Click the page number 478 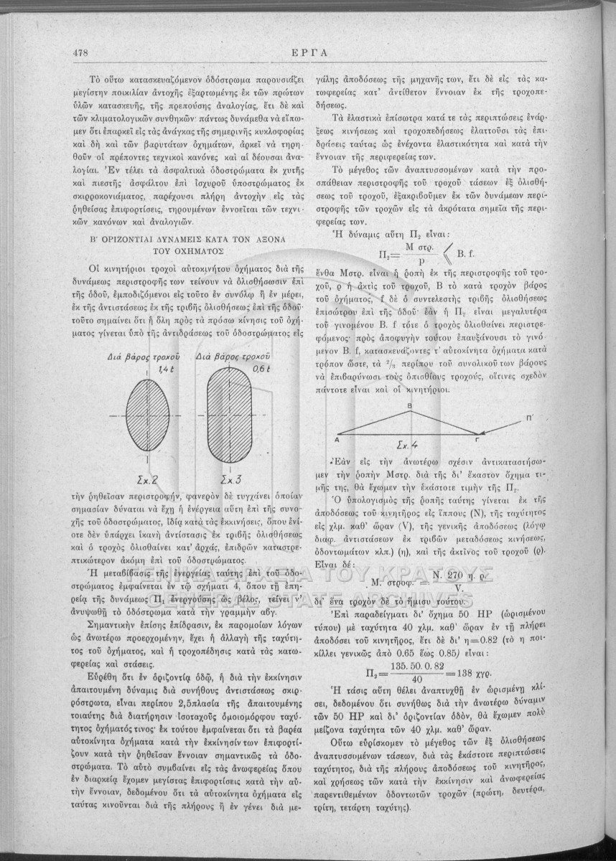80,52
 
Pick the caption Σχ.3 230,477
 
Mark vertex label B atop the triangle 409,406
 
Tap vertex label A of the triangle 337,442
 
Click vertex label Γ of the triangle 477,441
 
